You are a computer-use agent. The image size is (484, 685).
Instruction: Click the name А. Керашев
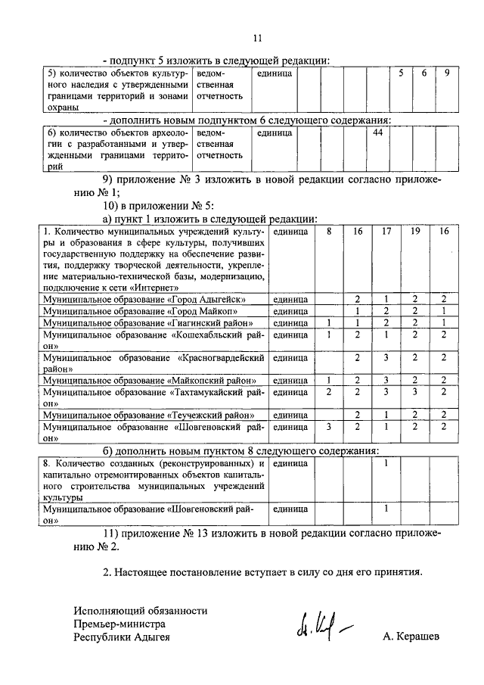[411, 637]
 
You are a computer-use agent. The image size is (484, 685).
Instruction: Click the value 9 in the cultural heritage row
[447, 73]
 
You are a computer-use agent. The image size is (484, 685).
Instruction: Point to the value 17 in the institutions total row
[386, 231]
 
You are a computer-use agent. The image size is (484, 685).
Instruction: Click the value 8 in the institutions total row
[329, 231]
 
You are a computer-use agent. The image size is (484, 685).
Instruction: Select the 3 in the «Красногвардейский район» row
[386, 357]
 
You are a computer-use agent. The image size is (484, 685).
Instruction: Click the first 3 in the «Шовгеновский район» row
[329, 427]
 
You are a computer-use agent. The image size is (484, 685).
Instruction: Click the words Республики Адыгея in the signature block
[122, 637]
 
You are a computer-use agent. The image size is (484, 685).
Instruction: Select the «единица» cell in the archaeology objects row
[275, 133]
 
